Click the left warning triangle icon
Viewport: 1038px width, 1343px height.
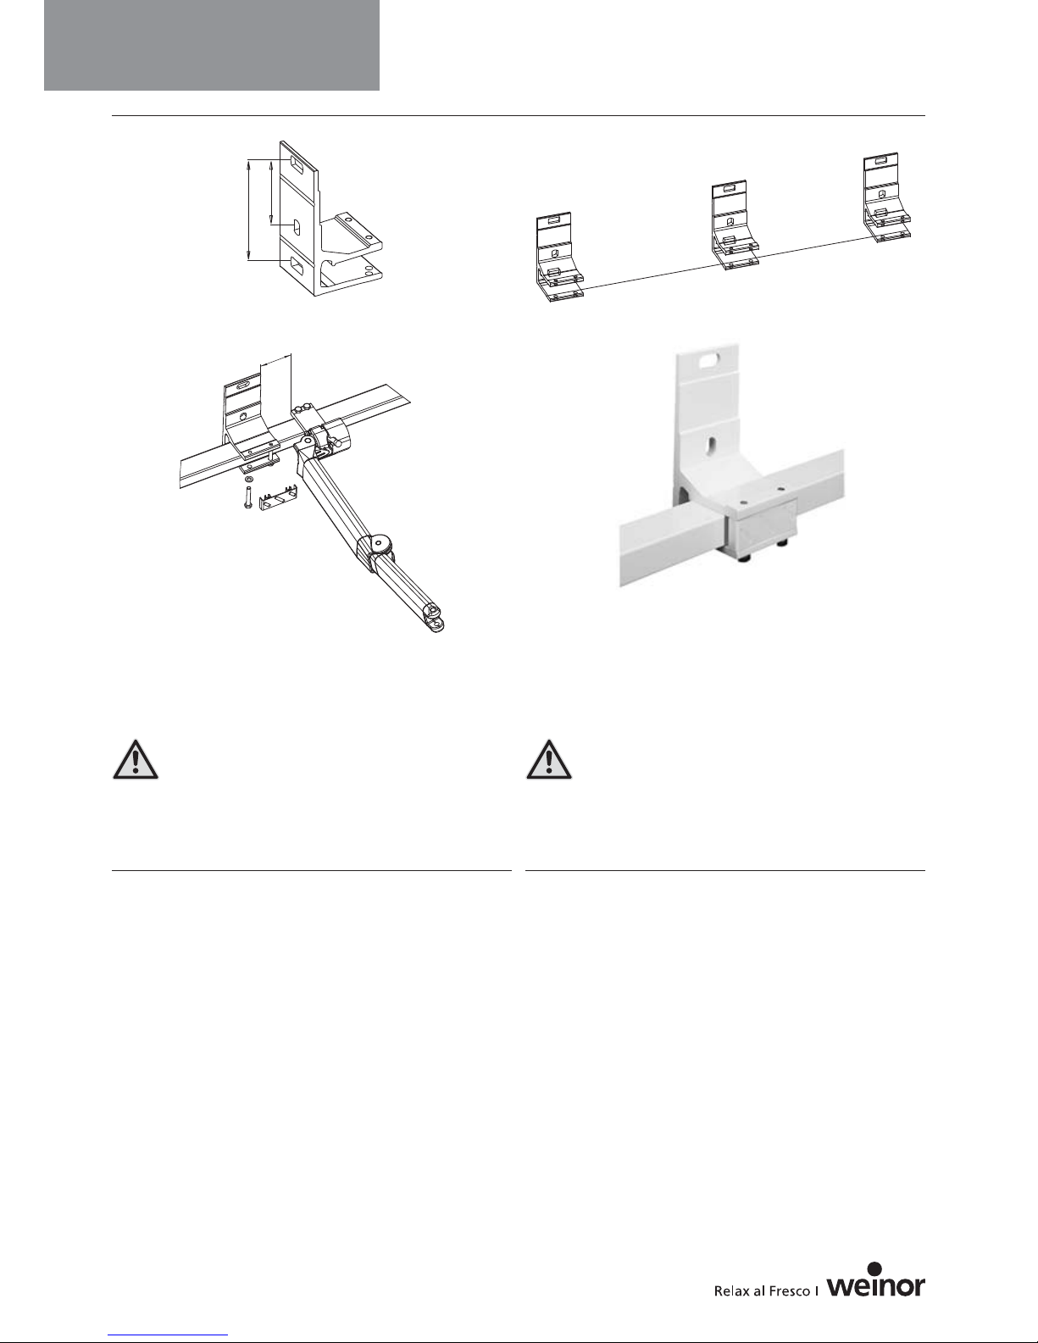point(136,759)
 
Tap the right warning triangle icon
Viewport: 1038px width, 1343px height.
point(549,759)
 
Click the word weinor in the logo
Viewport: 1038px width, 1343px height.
point(876,1285)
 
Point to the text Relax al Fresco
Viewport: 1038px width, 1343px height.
point(762,1290)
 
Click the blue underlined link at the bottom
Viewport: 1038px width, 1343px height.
point(168,1335)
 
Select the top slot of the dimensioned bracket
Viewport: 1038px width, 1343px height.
point(296,164)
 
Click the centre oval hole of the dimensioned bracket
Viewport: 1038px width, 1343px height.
point(297,227)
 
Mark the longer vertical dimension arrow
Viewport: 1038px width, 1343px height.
point(248,209)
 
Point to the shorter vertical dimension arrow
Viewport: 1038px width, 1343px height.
point(271,192)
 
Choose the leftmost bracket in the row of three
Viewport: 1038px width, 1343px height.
point(558,257)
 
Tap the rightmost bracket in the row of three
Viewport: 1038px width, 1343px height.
point(886,197)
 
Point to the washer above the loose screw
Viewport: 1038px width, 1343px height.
point(248,479)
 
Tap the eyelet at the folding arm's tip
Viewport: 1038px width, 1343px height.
point(436,624)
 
